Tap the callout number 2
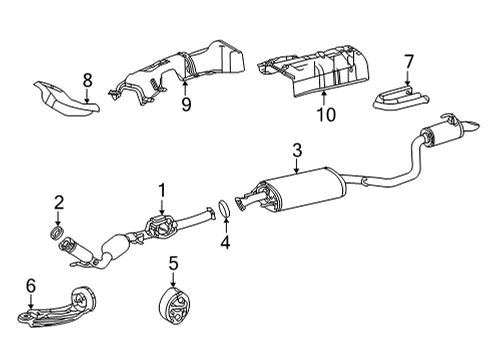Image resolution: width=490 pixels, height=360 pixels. pyautogui.click(x=58, y=203)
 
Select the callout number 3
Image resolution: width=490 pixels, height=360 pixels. pyautogui.click(x=296, y=151)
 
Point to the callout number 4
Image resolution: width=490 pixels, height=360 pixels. pyautogui.click(x=225, y=241)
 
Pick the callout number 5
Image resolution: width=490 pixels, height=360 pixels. pyautogui.click(x=172, y=263)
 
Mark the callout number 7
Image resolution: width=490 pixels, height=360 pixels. pyautogui.click(x=407, y=62)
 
